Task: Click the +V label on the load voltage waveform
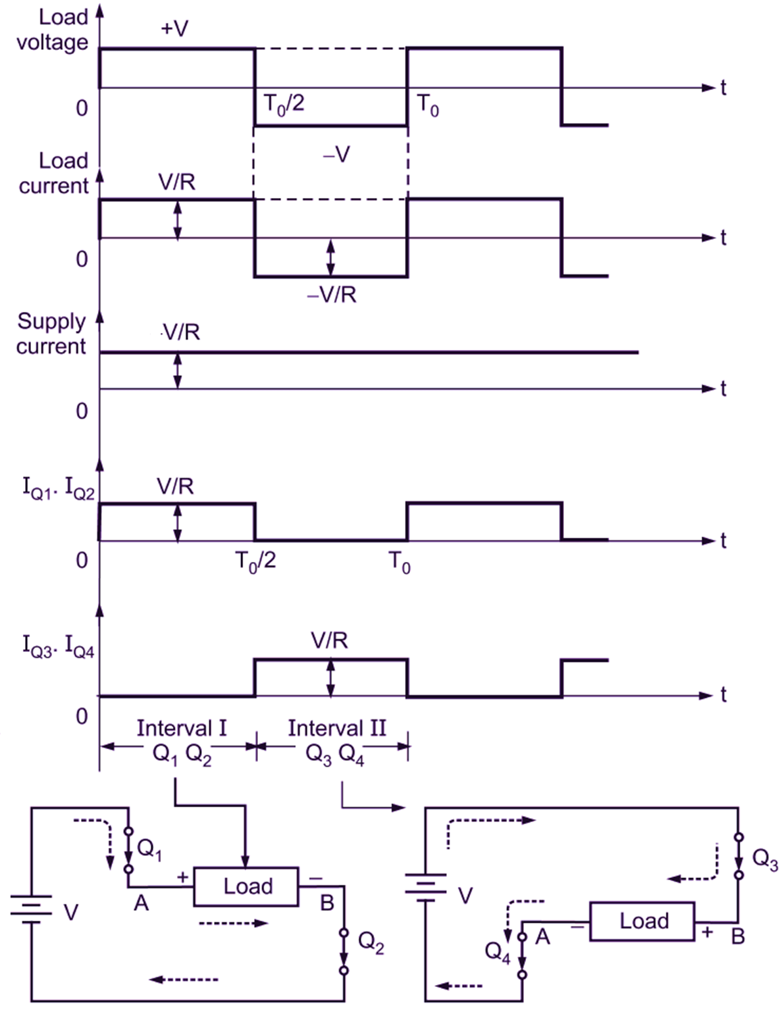click(x=174, y=28)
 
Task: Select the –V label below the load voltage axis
click(x=336, y=155)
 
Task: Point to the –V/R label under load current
click(x=332, y=295)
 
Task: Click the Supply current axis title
click(x=51, y=334)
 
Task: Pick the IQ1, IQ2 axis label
click(x=58, y=489)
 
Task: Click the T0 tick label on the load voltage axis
click(x=427, y=105)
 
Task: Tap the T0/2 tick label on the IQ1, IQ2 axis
click(x=255, y=561)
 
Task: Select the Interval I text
click(x=182, y=728)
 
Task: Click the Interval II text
click(x=337, y=728)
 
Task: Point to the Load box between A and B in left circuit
click(x=246, y=886)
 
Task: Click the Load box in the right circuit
click(x=643, y=921)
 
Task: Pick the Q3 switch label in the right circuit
click(x=765, y=861)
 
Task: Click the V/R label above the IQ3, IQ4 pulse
click(x=330, y=640)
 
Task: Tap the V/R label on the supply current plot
click(x=181, y=332)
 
